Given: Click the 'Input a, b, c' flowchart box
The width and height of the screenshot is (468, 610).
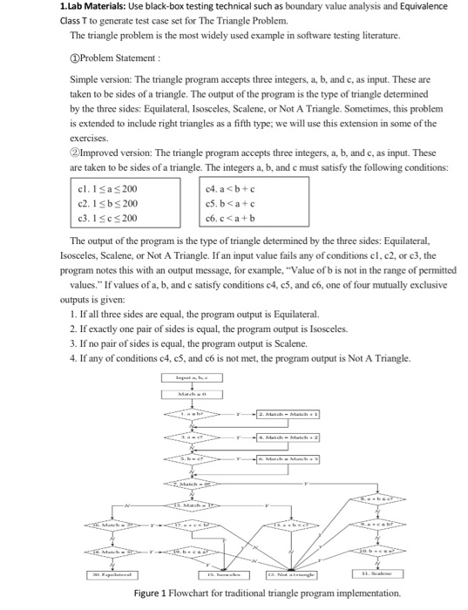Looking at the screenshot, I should pyautogui.click(x=193, y=377).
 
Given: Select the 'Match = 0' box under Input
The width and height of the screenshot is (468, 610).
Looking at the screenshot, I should pyautogui.click(x=193, y=394).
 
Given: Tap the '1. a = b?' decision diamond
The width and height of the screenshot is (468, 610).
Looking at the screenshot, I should pyautogui.click(x=193, y=413).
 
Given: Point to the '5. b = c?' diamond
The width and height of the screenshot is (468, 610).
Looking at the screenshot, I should pyautogui.click(x=193, y=457).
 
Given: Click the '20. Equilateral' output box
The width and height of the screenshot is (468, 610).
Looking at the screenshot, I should pyautogui.click(x=97, y=577).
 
